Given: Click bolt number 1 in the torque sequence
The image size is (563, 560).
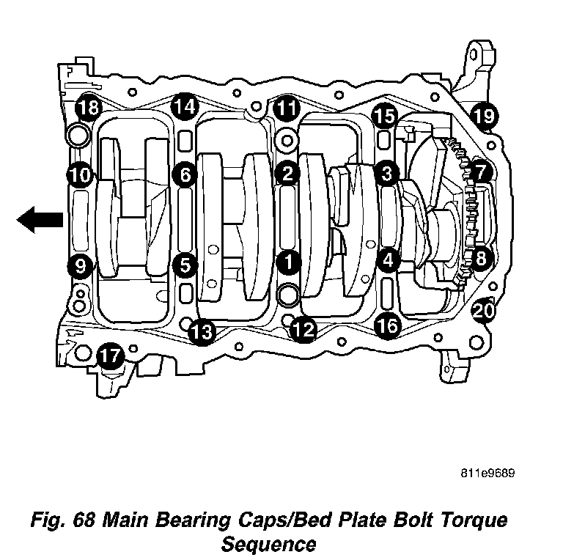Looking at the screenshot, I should [288, 260].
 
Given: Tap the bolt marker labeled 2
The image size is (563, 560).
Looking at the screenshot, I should [288, 174].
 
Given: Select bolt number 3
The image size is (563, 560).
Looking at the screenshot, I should [386, 173].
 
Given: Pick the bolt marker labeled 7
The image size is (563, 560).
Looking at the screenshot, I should [480, 173].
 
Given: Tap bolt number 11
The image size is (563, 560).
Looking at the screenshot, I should [287, 110].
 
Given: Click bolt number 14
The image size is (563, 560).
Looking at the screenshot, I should [185, 107].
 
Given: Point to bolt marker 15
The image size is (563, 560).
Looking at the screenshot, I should [385, 115].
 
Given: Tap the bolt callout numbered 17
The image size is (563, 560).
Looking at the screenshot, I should [111, 357].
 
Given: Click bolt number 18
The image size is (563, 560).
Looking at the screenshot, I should [89, 108].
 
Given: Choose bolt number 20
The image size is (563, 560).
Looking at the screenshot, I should [483, 312].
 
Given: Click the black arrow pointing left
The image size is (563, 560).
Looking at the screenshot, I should [40, 219].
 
